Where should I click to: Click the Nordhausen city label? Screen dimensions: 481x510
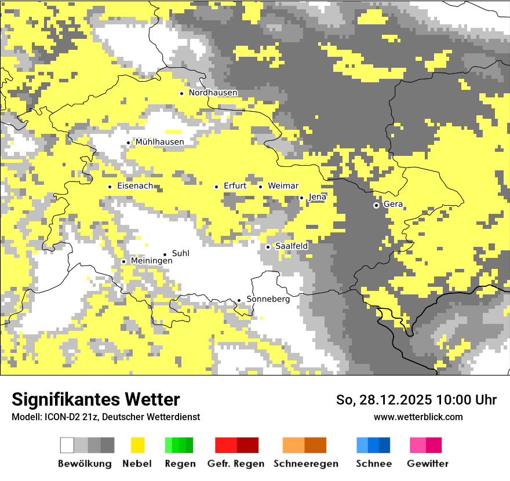pyautogui.click(x=213, y=93)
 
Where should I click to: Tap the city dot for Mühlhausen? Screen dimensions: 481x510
pyautogui.click(x=129, y=143)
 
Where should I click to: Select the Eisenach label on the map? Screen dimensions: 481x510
pyautogui.click(x=135, y=186)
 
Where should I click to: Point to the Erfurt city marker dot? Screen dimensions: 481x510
pyautogui.click(x=217, y=187)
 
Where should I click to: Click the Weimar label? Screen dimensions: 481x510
pyautogui.click(x=283, y=186)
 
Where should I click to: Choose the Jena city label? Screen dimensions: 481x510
pyautogui.click(x=317, y=197)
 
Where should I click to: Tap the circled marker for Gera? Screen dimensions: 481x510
pyautogui.click(x=376, y=205)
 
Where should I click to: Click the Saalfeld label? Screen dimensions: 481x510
pyautogui.click(x=291, y=246)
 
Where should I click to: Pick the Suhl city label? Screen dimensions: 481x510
pyautogui.click(x=181, y=253)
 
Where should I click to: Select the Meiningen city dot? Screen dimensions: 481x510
pyautogui.click(x=123, y=261)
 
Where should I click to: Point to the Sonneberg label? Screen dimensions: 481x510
pyautogui.click(x=268, y=299)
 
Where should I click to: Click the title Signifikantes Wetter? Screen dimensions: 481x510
pyautogui.click(x=96, y=399)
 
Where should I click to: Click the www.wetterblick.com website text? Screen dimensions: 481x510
pyautogui.click(x=418, y=417)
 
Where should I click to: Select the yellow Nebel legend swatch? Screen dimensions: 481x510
pyautogui.click(x=137, y=445)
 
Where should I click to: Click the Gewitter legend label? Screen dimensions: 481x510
pyautogui.click(x=427, y=464)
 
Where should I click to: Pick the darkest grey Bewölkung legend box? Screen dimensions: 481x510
pyautogui.click(x=108, y=445)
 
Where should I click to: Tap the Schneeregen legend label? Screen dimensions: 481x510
pyautogui.click(x=305, y=464)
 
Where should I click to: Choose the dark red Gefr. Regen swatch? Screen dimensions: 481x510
pyautogui.click(x=247, y=445)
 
